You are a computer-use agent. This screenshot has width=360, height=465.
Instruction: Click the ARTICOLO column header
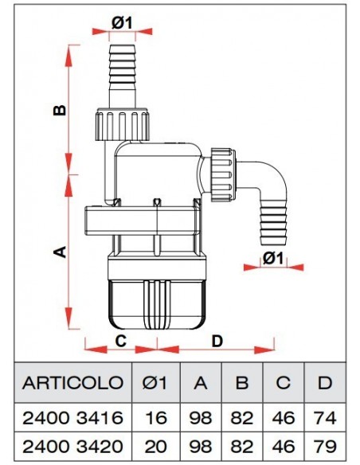click(x=72, y=381)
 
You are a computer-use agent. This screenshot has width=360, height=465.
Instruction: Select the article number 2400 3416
click(x=72, y=417)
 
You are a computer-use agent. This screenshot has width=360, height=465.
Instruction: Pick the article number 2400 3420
click(x=72, y=444)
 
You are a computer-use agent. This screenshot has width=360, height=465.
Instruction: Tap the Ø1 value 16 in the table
click(x=158, y=417)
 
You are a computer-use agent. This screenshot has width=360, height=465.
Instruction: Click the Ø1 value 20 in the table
click(x=158, y=444)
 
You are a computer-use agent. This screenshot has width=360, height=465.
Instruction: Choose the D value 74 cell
click(x=323, y=417)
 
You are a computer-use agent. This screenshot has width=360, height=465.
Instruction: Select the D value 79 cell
click(x=323, y=444)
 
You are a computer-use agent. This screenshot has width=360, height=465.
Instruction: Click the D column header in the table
click(x=323, y=381)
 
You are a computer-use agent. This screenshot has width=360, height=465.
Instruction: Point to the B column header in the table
click(x=241, y=381)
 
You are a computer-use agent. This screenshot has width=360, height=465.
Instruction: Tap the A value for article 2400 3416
click(x=200, y=417)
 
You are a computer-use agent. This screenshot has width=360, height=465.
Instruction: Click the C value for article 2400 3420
click(x=283, y=444)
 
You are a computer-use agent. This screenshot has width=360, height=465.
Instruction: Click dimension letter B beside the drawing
click(x=59, y=111)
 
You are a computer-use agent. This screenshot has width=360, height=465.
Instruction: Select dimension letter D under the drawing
click(x=217, y=341)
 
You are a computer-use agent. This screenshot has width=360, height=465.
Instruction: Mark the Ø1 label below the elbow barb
click(x=273, y=258)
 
